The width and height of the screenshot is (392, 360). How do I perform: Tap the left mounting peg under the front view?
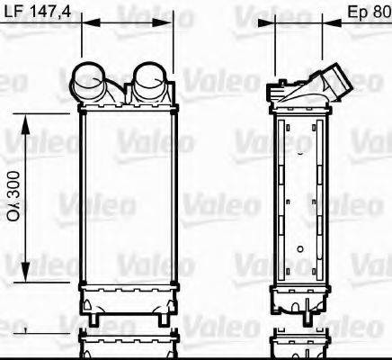(x=94, y=318)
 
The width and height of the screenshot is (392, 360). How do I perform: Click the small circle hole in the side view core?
(x=300, y=246)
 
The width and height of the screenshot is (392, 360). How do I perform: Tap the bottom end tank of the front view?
(x=126, y=297)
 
